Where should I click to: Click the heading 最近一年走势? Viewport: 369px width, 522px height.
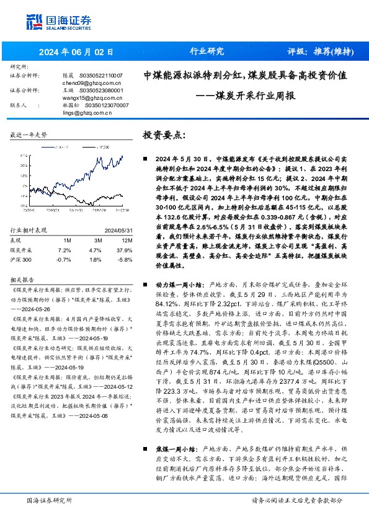[x=29, y=135]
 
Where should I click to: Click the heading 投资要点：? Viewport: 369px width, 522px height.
[x=165, y=135]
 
